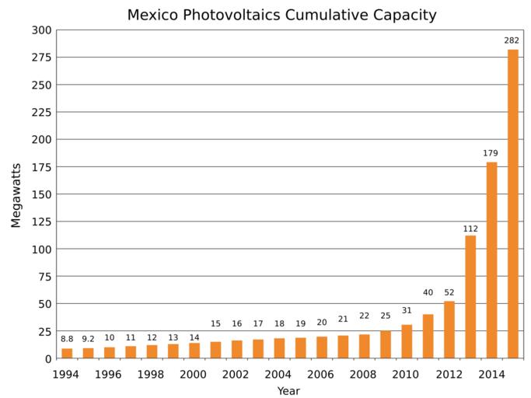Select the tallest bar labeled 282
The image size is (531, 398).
(x=513, y=204)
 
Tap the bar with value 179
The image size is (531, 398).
(x=491, y=260)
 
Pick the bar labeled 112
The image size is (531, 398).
(x=470, y=296)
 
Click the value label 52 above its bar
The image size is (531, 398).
(x=449, y=292)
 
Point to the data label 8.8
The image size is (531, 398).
(x=67, y=338)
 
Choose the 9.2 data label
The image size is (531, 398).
(x=88, y=338)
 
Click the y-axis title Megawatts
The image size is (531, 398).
(x=16, y=194)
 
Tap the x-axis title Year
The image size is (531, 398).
(x=288, y=391)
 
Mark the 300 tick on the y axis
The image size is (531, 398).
(x=41, y=30)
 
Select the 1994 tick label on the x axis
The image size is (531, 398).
(x=67, y=374)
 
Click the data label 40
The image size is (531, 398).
(x=428, y=292)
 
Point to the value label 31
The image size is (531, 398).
(x=407, y=310)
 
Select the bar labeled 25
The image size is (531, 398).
(x=386, y=344)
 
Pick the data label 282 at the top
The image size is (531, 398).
(x=513, y=40)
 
